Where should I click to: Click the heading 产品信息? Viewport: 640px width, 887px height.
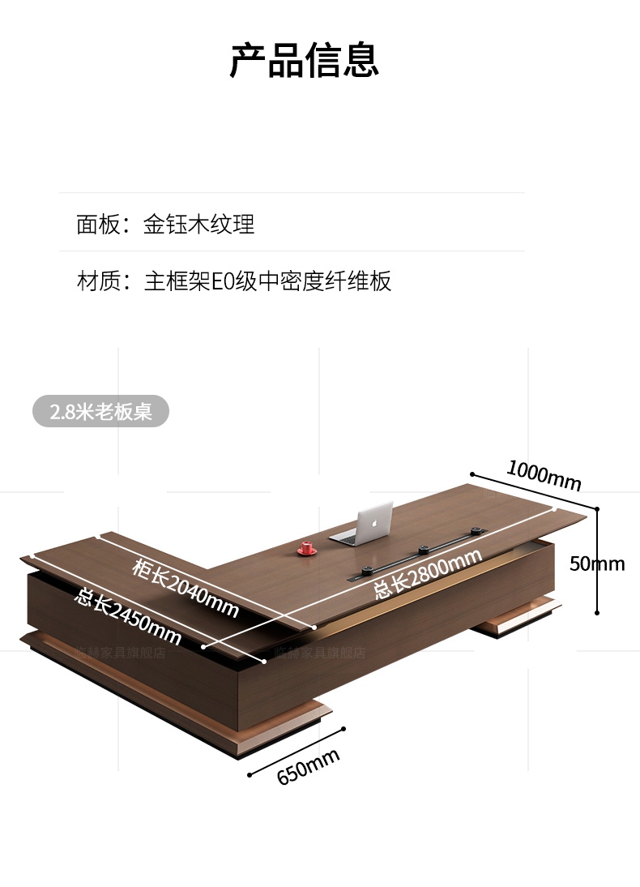coord(304,61)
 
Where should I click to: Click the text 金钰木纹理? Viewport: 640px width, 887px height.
coord(199,224)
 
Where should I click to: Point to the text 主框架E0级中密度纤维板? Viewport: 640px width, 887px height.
coord(267,281)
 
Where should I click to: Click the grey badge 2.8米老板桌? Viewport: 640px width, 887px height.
coord(100,411)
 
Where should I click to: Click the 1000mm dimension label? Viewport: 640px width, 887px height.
coord(544,476)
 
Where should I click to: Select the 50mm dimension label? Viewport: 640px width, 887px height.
coord(597,563)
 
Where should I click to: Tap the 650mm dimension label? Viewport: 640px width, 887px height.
coord(308,766)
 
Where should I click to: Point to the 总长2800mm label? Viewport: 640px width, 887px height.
coord(427,573)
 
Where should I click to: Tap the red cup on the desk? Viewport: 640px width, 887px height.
coord(307,548)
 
